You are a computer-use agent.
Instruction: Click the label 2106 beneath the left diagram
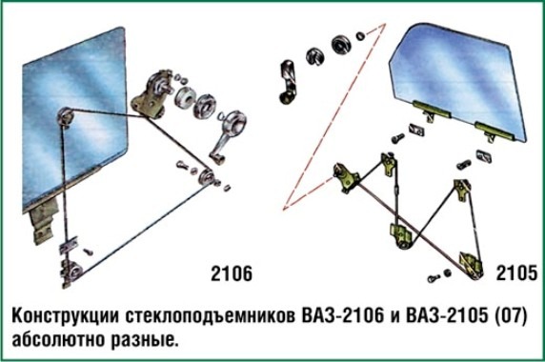click(232, 273)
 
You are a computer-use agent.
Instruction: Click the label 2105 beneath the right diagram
click(516, 272)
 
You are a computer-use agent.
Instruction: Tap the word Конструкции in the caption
click(66, 316)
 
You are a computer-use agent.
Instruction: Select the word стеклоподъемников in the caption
click(211, 316)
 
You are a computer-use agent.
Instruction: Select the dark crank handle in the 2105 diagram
click(288, 82)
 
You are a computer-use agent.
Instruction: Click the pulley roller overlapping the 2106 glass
click(66, 116)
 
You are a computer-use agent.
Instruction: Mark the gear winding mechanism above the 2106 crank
click(151, 94)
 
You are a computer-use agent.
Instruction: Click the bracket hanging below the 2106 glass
click(44, 221)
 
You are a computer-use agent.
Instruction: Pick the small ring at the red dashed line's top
click(360, 35)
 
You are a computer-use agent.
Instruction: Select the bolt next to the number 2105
click(434, 278)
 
